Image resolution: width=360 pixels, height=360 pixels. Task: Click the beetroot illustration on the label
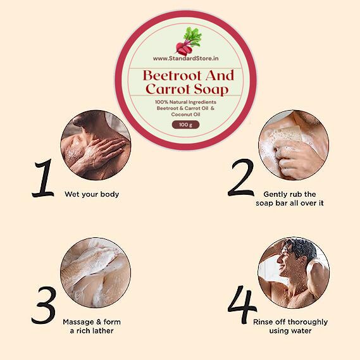[189, 40]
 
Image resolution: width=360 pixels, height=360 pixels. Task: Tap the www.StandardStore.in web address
[185, 58]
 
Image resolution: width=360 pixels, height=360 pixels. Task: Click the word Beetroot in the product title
[172, 75]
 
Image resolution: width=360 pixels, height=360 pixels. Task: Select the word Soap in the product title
[211, 90]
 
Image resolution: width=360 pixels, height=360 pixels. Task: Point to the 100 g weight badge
[185, 125]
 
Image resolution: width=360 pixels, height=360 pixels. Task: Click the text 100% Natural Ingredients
[185, 102]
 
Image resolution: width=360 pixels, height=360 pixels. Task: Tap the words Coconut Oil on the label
[185, 115]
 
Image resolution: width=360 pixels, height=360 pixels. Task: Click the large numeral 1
[43, 178]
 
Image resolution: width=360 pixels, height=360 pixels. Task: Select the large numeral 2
[241, 177]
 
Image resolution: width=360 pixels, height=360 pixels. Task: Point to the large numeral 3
[44, 305]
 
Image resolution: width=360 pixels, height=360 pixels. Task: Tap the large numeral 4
[242, 304]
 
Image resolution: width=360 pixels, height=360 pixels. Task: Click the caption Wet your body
[92, 194]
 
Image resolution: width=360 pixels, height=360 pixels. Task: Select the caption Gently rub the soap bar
[290, 199]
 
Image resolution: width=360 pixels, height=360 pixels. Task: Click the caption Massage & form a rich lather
[92, 326]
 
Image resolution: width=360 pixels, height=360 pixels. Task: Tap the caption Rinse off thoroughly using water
[290, 326]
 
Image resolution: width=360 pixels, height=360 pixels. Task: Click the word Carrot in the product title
[168, 89]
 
